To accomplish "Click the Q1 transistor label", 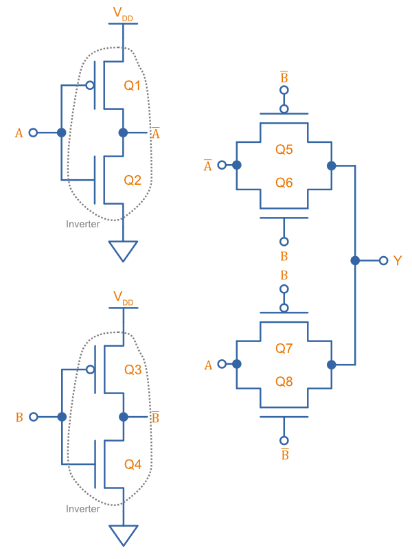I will coord(133,86).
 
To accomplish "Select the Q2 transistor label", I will coord(133,181).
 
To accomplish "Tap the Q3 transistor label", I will coord(133,370).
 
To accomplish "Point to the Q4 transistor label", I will coord(133,465).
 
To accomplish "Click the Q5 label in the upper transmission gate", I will coord(284,149).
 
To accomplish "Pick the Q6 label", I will coord(284,182).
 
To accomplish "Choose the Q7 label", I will coord(284,348).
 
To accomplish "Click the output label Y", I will coord(398,261).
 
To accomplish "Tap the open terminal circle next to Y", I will coord(383,261).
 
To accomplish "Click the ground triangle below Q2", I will coord(123,251).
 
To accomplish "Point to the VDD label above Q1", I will coord(123,14).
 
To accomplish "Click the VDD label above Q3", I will coord(123,298).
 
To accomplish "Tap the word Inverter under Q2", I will coord(82,225).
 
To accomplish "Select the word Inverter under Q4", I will coord(82,509).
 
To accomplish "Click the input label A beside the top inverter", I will coord(19,133).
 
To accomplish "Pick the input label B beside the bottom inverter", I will coord(19,418).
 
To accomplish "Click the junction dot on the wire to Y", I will coord(355,261).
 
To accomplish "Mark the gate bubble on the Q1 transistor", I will coord(89,86).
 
